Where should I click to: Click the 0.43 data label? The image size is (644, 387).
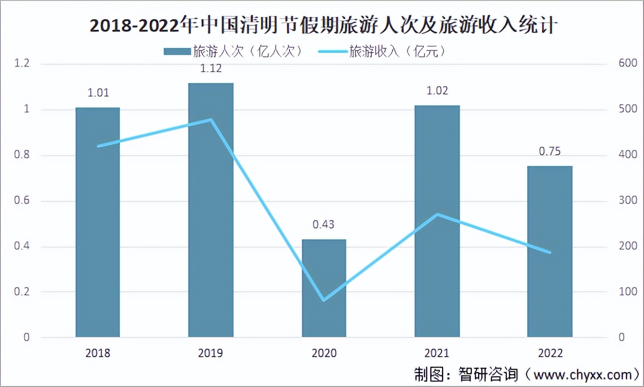[x=324, y=224]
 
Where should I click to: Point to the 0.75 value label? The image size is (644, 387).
[x=550, y=151]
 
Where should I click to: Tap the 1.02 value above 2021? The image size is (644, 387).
[x=437, y=90]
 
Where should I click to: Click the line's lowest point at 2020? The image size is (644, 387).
[x=324, y=300]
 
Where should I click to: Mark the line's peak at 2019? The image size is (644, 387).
[x=211, y=120]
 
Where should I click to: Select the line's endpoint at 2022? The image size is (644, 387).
[x=550, y=253]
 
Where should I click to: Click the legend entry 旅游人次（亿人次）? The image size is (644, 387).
[x=234, y=52]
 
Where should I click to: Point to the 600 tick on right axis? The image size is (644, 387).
[x=627, y=63]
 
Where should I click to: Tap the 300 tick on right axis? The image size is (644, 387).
[x=627, y=200]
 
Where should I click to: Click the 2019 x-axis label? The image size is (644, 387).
[x=211, y=353]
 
